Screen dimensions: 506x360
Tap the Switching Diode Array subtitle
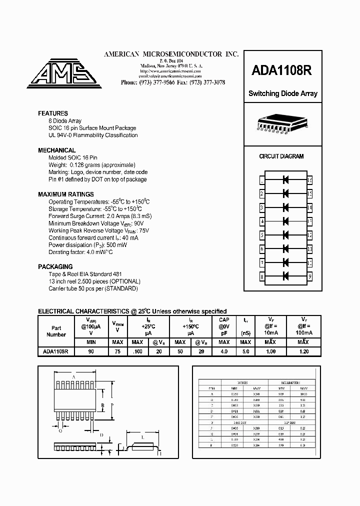click(x=283, y=93)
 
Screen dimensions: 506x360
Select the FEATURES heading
click(x=53, y=113)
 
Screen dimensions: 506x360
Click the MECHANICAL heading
click(x=57, y=150)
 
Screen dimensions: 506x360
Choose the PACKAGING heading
click(x=55, y=267)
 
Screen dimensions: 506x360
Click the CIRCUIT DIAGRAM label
click(x=281, y=156)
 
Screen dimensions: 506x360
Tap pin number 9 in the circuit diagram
click(x=310, y=276)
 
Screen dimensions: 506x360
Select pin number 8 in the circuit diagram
click(x=262, y=276)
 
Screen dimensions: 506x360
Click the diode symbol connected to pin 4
click(x=286, y=220)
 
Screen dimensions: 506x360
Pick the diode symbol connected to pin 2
click(x=286, y=193)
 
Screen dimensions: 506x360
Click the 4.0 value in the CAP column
click(x=224, y=351)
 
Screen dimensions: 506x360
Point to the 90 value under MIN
click(x=91, y=351)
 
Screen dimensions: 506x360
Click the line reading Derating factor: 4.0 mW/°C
click(x=80, y=252)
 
